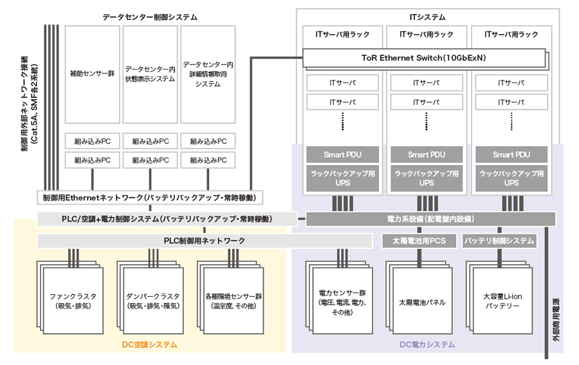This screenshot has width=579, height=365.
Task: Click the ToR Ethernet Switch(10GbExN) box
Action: coord(424,58)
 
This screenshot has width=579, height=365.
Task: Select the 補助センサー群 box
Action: coord(92,74)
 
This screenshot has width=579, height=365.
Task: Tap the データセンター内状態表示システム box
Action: coord(150,74)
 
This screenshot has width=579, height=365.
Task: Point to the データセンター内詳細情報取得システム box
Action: coord(208,74)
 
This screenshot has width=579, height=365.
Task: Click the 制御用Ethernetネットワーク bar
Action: coord(149,197)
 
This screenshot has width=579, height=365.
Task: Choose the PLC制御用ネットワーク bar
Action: coord(205,241)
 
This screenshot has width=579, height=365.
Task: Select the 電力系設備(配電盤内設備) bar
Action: coord(430,219)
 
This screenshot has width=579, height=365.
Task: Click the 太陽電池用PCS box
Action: coord(419,241)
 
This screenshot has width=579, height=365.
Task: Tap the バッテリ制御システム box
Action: coord(499,241)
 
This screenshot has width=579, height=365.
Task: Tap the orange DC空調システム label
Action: coord(150,345)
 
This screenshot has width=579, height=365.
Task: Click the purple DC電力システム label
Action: coord(427,345)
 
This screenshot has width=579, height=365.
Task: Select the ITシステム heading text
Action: coord(427,17)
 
